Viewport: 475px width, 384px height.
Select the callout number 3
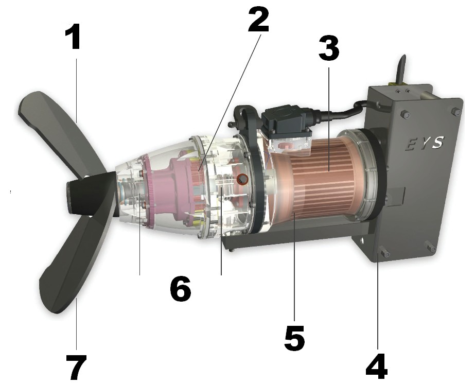coord(329,47)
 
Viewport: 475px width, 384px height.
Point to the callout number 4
coord(377,366)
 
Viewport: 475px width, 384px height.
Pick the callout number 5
coord(294,339)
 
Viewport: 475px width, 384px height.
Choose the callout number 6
coord(181,289)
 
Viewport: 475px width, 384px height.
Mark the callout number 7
coord(76,367)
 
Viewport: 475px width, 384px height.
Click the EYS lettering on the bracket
coord(425,143)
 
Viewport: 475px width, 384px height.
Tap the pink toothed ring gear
coord(148,190)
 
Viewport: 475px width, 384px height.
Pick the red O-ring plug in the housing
coord(242,179)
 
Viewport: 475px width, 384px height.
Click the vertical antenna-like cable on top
coord(402,68)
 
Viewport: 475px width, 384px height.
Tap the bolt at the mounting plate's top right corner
coord(456,112)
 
